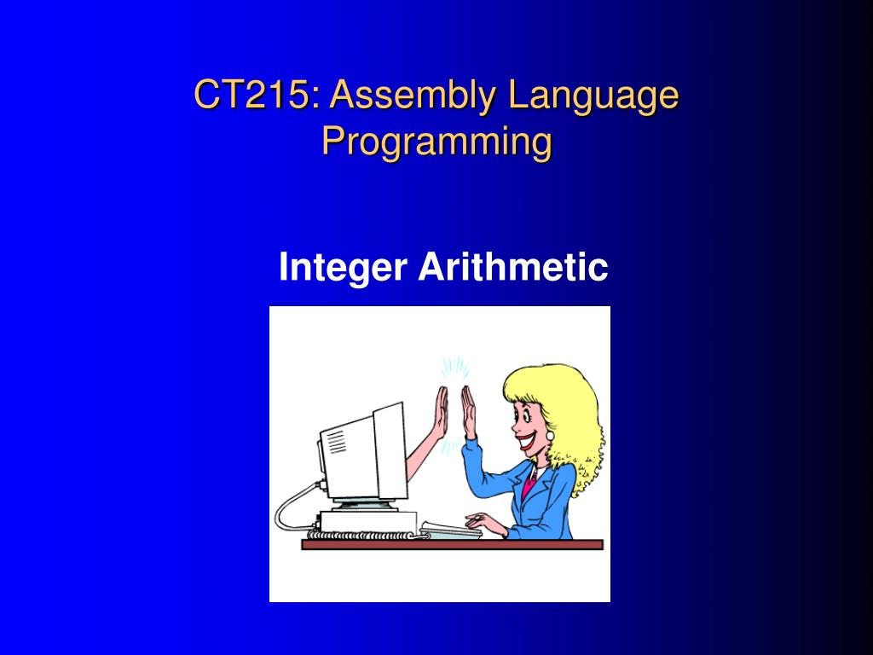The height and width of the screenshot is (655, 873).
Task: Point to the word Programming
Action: tap(437, 143)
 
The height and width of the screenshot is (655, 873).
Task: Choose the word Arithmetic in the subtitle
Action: tap(512, 266)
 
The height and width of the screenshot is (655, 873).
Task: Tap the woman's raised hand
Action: tap(469, 412)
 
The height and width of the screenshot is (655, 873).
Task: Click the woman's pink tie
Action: tap(529, 484)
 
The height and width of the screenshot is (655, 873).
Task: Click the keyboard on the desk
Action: tap(450, 530)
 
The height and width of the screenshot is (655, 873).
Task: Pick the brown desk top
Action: tap(452, 544)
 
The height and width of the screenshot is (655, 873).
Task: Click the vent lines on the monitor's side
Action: tap(336, 443)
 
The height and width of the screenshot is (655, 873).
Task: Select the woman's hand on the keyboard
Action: tap(485, 524)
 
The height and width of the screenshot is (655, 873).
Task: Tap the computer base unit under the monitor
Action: tap(368, 521)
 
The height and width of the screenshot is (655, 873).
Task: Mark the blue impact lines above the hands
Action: tap(454, 369)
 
